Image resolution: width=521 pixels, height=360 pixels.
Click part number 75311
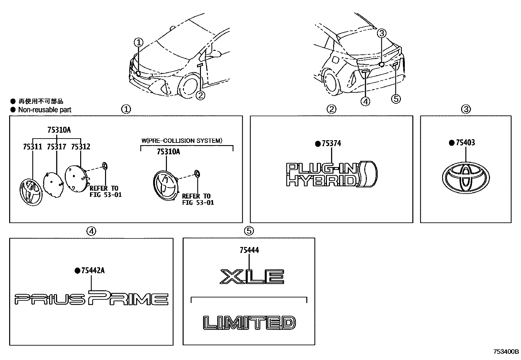tap(32, 147)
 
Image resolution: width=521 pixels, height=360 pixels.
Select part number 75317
tap(56, 147)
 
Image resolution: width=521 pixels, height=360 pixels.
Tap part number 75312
tap(81, 147)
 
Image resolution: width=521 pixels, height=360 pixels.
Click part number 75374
tap(332, 143)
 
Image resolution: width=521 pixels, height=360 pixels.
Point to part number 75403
tap(465, 142)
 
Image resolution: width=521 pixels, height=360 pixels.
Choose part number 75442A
tap(93, 271)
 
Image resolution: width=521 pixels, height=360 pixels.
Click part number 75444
tap(249, 250)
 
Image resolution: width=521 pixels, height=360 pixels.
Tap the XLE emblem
tap(252, 276)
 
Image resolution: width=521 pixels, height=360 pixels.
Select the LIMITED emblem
tap(249, 322)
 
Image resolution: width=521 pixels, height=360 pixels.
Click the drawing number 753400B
tap(506, 352)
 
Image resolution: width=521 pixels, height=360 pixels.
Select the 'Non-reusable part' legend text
tap(45, 110)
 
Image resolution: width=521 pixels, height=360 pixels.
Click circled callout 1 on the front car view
tap(139, 42)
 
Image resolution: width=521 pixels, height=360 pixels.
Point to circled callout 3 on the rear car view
tap(382, 33)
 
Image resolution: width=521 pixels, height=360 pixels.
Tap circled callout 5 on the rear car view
tap(396, 99)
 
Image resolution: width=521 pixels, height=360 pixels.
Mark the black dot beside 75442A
tap(77, 271)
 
